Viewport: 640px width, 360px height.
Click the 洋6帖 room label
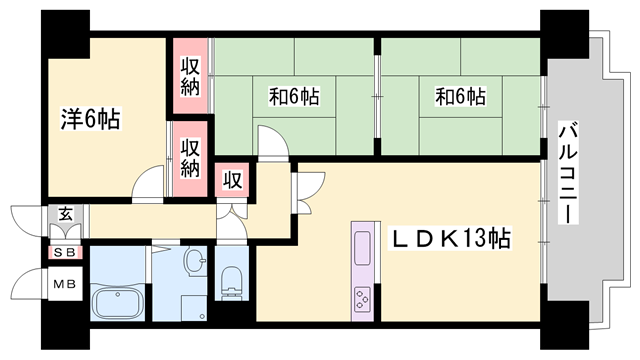90,119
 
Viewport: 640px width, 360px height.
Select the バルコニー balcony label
569,172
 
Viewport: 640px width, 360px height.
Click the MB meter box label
65,284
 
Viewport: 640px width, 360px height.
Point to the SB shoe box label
65,253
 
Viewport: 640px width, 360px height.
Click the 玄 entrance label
65,214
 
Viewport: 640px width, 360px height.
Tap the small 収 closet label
232,180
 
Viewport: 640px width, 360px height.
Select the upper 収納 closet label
190,76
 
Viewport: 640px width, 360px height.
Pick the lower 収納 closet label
190,158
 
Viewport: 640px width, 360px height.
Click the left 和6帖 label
294,97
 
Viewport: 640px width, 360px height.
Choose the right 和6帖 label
461,97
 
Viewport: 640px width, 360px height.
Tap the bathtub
118,303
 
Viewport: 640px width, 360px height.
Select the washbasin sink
196,260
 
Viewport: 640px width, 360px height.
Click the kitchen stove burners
362,299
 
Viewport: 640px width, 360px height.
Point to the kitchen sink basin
362,248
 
